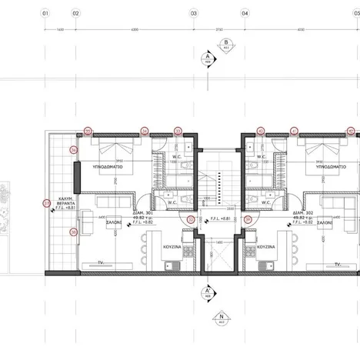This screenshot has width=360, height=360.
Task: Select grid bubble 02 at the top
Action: point(75,13)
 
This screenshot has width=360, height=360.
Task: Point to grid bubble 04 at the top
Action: point(245,13)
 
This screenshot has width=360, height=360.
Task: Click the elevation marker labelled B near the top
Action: point(225,43)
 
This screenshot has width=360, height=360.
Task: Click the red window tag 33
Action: point(178,131)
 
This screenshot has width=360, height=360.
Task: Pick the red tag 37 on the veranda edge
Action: point(45,203)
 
